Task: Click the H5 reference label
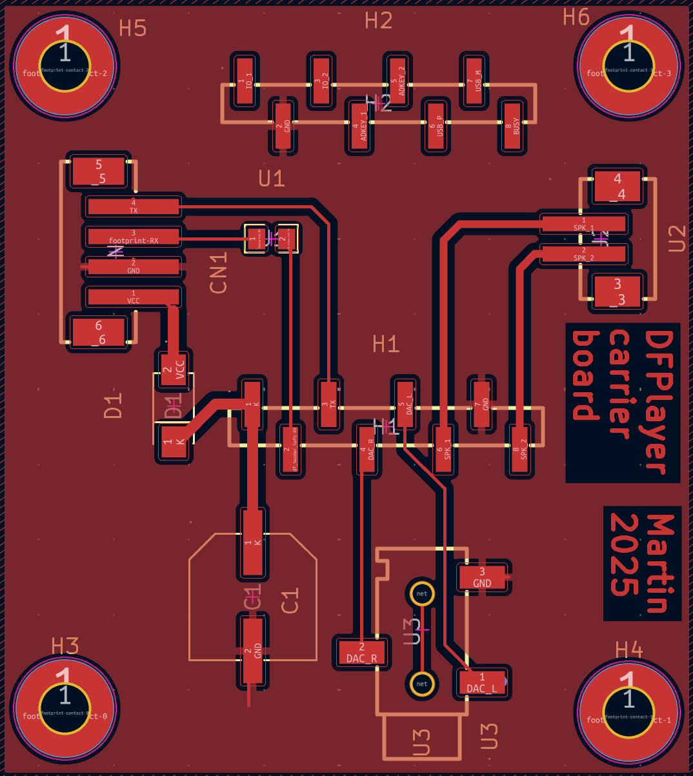coord(133,28)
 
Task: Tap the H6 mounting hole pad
coord(627,64)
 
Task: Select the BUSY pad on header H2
coord(512,127)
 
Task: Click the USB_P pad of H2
coord(436,126)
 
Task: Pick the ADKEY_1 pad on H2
coord(359,126)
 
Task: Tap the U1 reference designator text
coord(272,179)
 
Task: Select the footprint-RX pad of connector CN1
coord(133,237)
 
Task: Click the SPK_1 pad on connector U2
coord(583,224)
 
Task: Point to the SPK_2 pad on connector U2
coord(583,254)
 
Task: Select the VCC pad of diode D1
coord(173,368)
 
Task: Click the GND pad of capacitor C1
coord(253,651)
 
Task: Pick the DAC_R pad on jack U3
coord(361,653)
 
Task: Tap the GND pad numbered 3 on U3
coord(482,577)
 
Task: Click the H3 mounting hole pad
coord(65,708)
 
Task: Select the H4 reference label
coord(628,650)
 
